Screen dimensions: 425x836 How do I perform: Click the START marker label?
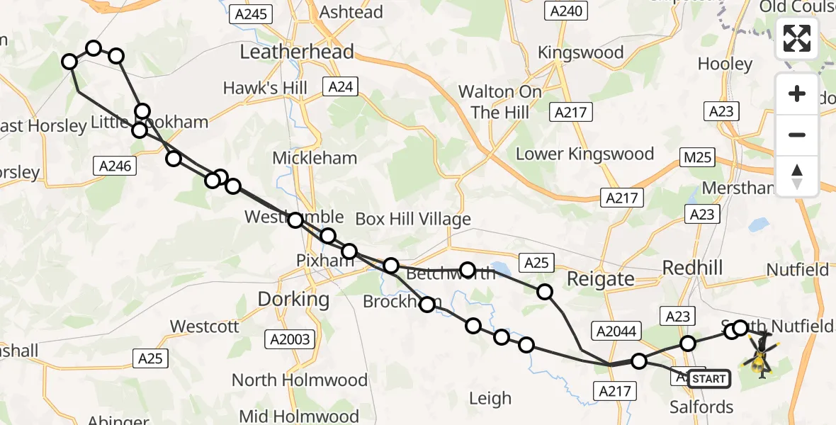tap(708, 379)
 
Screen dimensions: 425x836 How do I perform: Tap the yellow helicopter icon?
tap(759, 358)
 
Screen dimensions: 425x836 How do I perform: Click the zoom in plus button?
tap(797, 93)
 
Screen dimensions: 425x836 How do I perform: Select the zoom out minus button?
tap(797, 135)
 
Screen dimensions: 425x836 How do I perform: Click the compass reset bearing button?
tap(797, 176)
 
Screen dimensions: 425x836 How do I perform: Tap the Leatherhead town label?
tap(297, 52)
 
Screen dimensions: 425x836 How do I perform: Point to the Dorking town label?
tap(293, 299)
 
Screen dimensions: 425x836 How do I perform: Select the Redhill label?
tap(691, 267)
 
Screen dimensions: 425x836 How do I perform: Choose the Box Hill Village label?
tap(413, 219)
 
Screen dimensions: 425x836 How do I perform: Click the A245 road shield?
tap(252, 13)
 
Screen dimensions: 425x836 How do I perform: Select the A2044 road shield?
tap(614, 330)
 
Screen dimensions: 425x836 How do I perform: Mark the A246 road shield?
tap(113, 165)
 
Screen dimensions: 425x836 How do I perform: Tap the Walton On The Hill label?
tap(500, 102)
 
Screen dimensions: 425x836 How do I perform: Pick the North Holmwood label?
tap(300, 380)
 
